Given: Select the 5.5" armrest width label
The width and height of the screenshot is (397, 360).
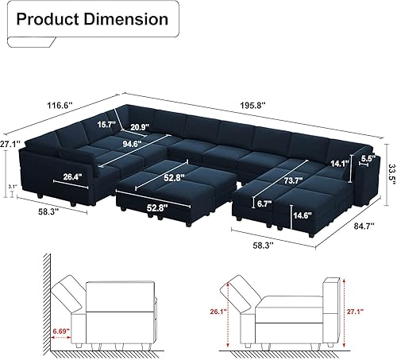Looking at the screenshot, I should [x=367, y=158].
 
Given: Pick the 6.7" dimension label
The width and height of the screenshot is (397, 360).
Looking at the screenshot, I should [x=265, y=204].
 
